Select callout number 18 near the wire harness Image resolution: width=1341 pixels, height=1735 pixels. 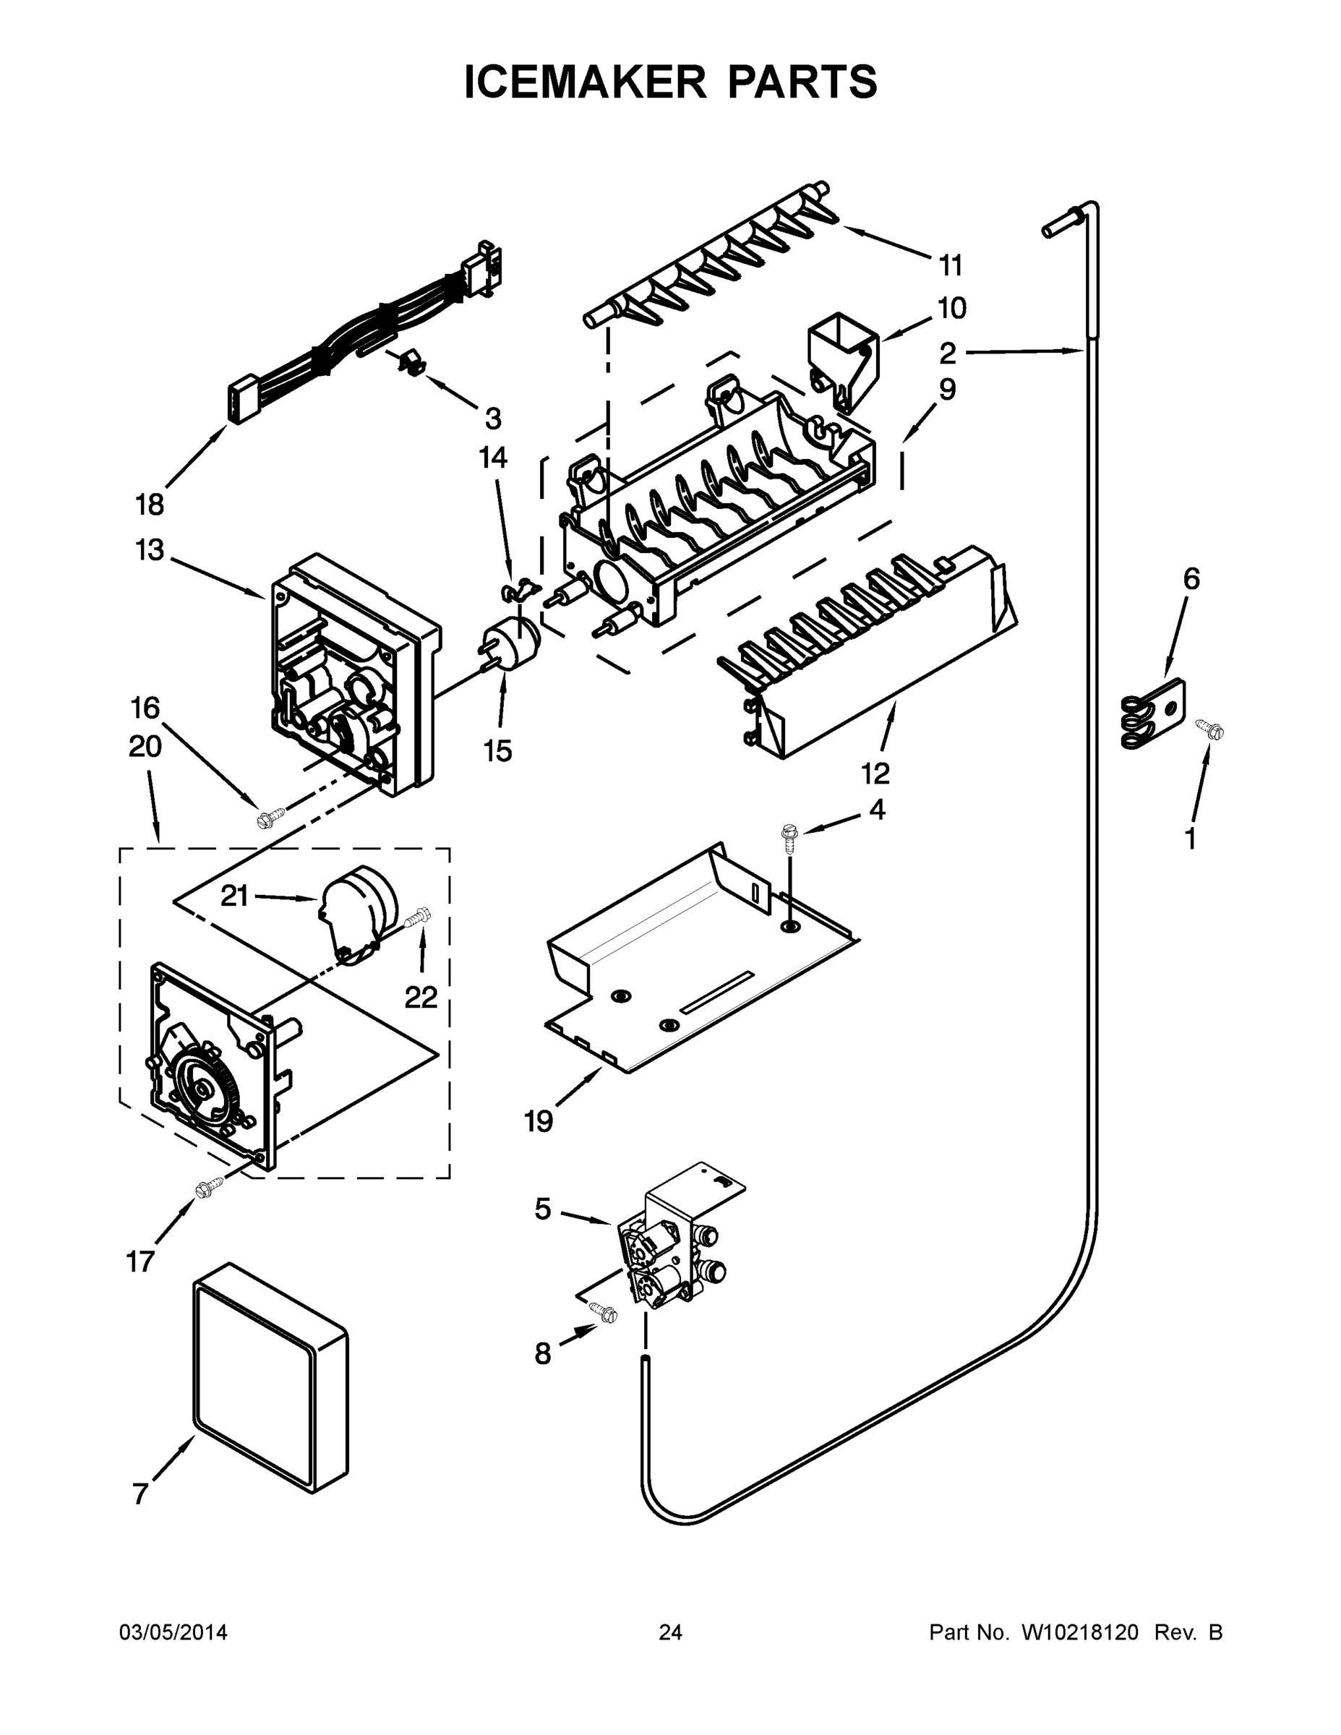[150, 505]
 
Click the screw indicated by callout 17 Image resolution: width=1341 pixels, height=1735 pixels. [209, 1187]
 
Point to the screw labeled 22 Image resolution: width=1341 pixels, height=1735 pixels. [418, 917]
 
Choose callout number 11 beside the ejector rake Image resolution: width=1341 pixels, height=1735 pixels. [950, 266]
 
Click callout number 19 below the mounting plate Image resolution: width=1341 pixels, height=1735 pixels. [538, 1122]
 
